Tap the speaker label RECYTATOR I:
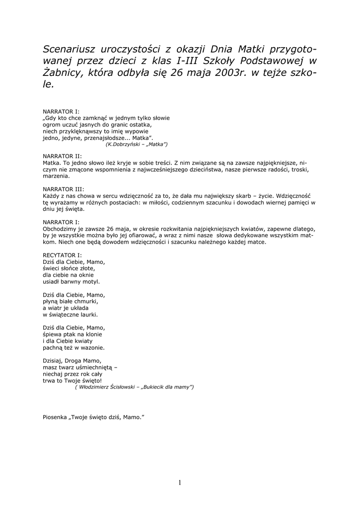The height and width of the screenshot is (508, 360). (63, 254)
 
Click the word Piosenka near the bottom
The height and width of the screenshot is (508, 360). (56, 417)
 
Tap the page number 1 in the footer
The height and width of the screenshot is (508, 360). (180, 483)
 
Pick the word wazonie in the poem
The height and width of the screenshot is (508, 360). (92, 348)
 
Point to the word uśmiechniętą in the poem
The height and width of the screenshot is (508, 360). (96, 368)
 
